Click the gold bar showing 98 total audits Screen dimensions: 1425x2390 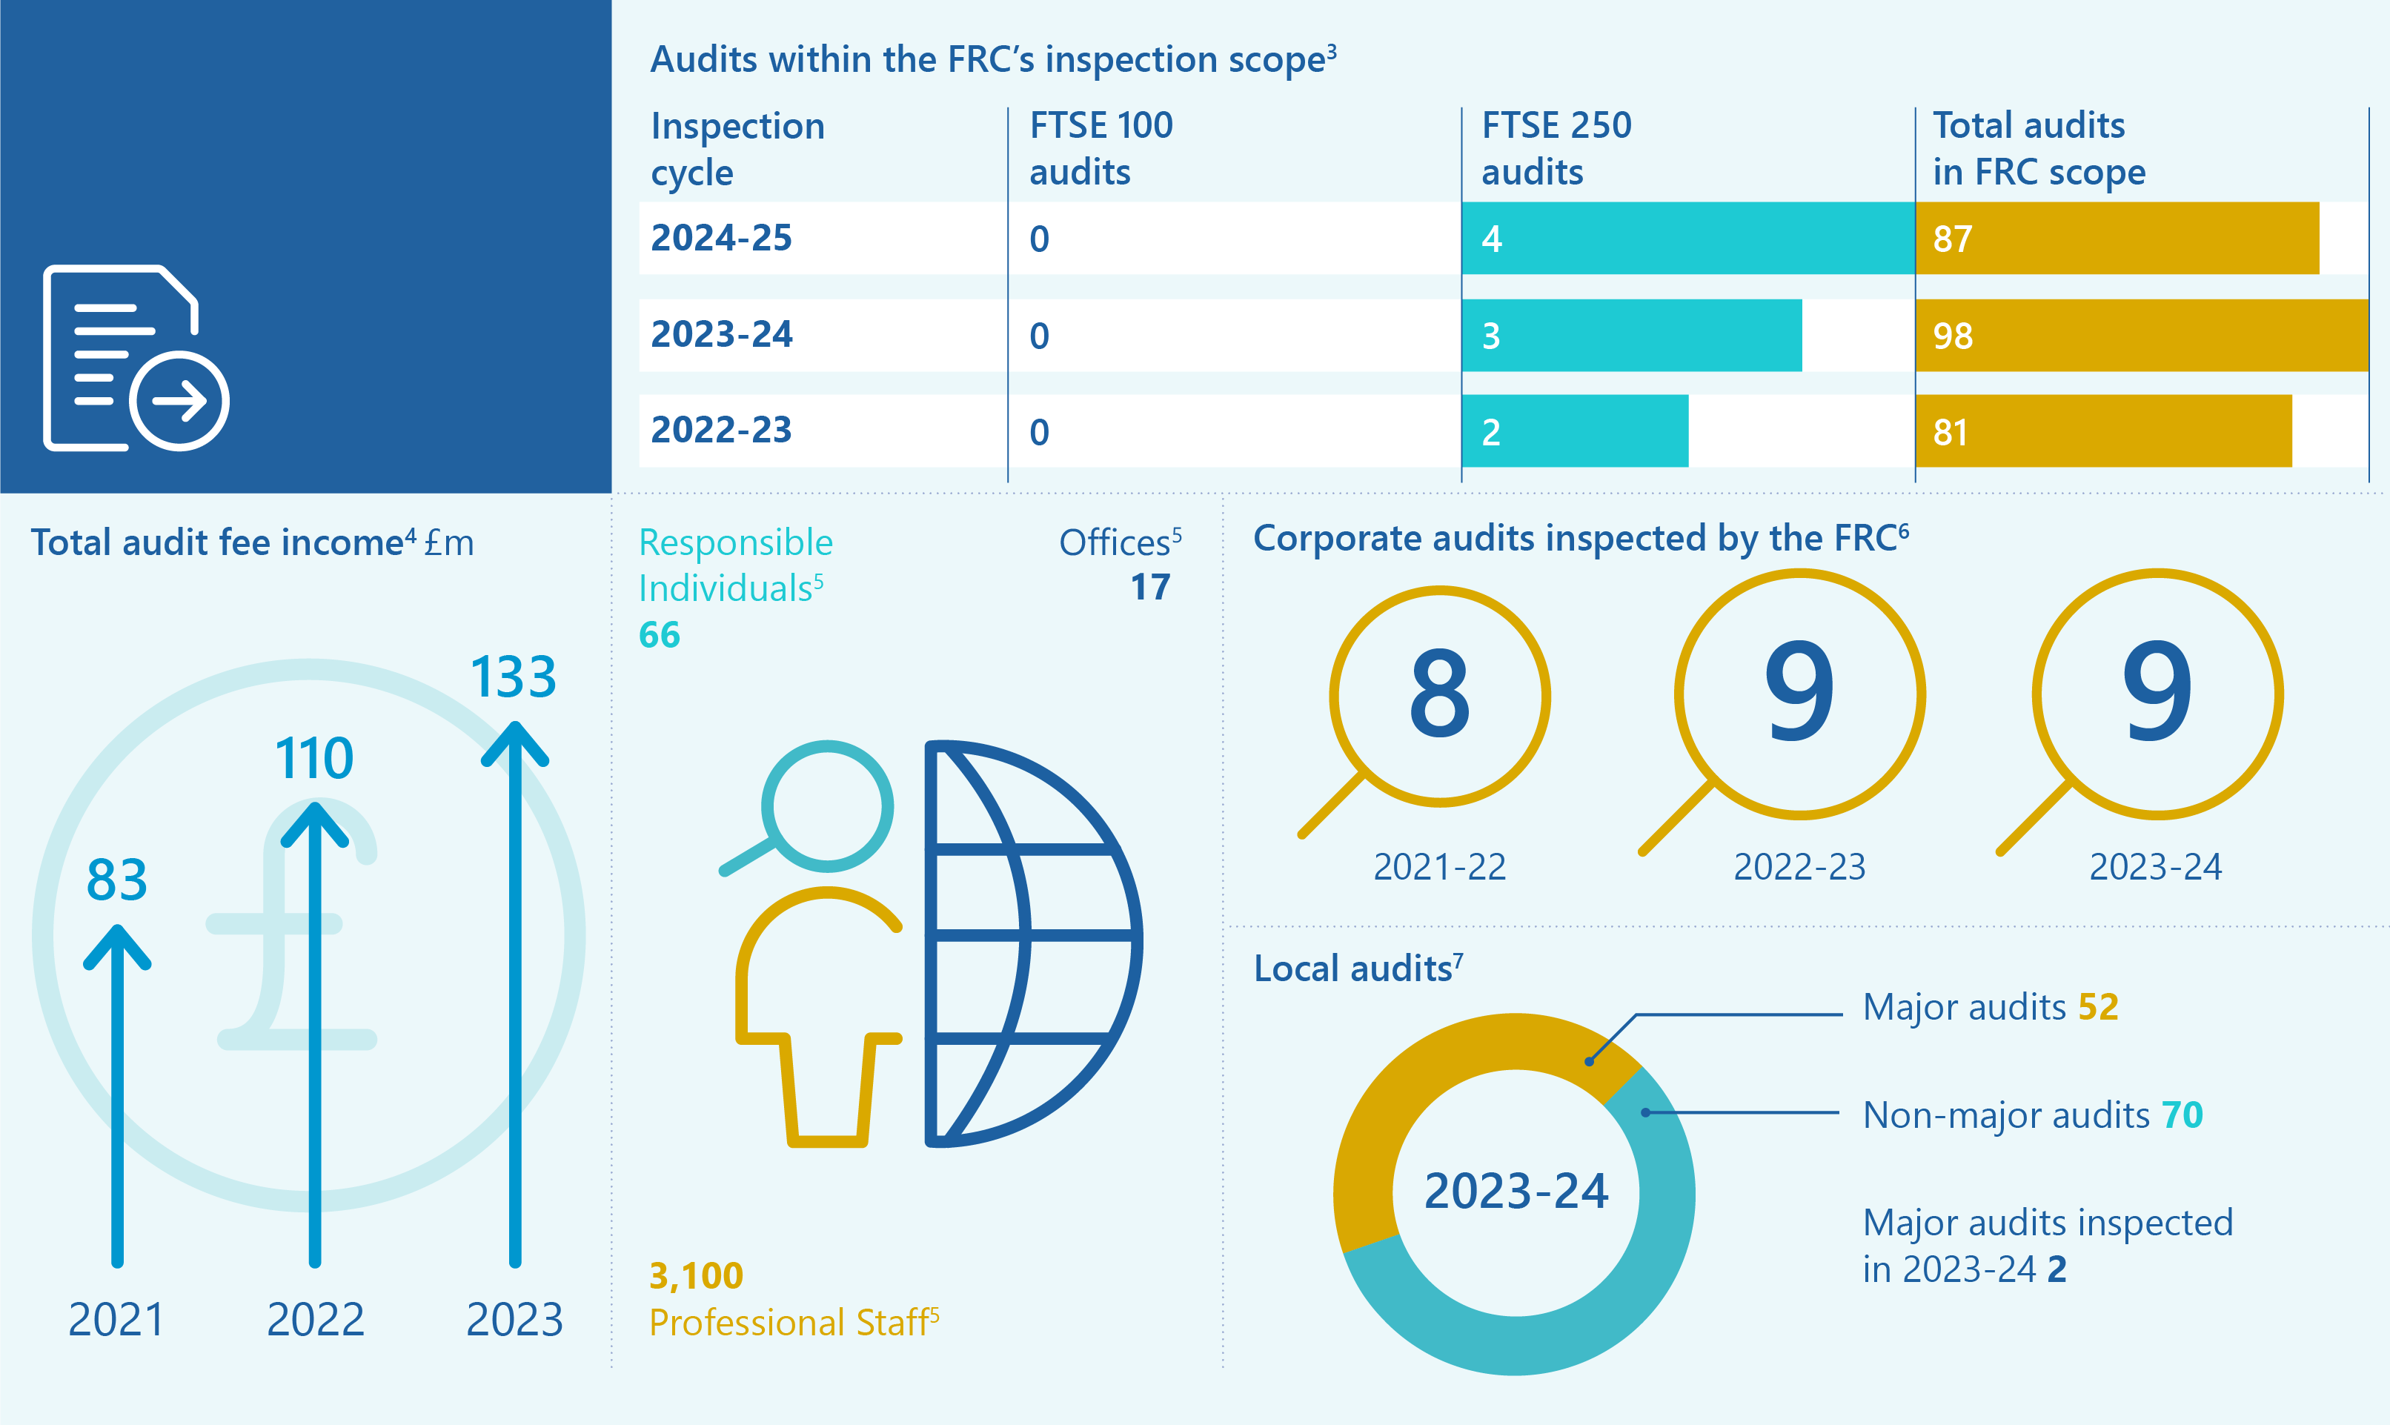pyautogui.click(x=2141, y=335)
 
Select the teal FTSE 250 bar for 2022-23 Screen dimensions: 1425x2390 pyautogui.click(x=1575, y=431)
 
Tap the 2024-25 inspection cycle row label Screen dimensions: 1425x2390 pyautogui.click(x=721, y=237)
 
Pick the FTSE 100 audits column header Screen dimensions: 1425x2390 pyautogui.click(x=1101, y=148)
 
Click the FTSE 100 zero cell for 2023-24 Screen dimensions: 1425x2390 pyautogui.click(x=1039, y=336)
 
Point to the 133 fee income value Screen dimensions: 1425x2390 pyautogui.click(x=513, y=677)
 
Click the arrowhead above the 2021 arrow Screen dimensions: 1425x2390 pyautogui.click(x=117, y=946)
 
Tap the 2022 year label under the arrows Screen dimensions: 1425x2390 pyautogui.click(x=315, y=1319)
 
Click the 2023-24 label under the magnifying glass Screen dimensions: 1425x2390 pyautogui.click(x=2156, y=867)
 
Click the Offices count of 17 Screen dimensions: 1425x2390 pyautogui.click(x=1149, y=587)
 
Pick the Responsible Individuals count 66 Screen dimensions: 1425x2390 pyautogui.click(x=659, y=635)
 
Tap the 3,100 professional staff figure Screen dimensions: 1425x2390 pyautogui.click(x=696, y=1275)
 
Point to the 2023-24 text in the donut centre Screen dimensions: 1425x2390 pyautogui.click(x=1516, y=1192)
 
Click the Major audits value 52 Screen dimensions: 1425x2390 pyautogui.click(x=2098, y=1006)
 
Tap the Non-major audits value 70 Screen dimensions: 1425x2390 pyautogui.click(x=2182, y=1115)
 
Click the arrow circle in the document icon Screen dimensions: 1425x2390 pyautogui.click(x=179, y=400)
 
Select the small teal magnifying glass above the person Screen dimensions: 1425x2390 pyautogui.click(x=826, y=806)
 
